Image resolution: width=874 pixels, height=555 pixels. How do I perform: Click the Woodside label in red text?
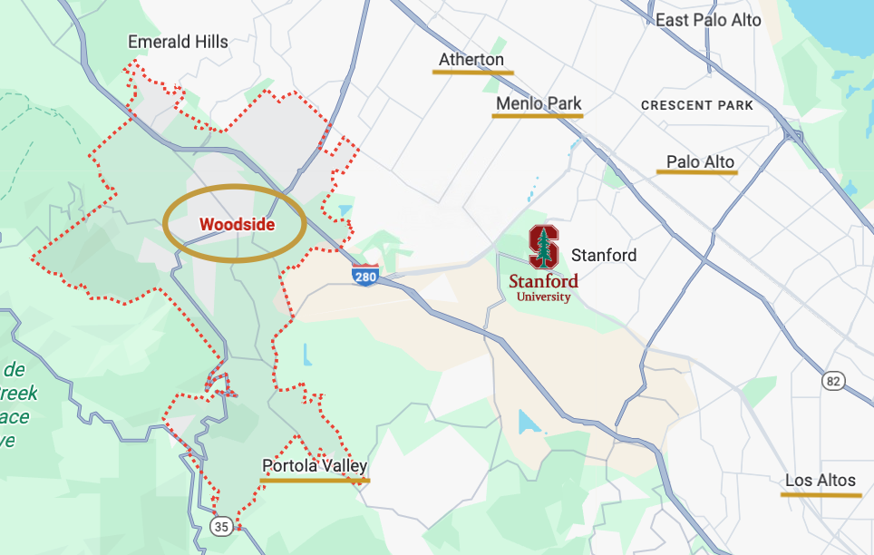(x=237, y=224)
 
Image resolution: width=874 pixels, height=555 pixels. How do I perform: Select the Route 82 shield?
(x=834, y=381)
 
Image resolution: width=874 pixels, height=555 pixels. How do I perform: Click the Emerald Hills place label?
(x=178, y=42)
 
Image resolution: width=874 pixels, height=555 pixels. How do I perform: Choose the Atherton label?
(x=471, y=60)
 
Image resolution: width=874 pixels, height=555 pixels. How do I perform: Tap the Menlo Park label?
(x=539, y=103)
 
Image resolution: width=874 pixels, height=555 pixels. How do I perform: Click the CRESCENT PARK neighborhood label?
(x=696, y=105)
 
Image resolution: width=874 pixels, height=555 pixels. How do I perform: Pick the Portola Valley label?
(x=315, y=466)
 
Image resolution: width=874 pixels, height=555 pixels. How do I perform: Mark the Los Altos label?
(x=821, y=480)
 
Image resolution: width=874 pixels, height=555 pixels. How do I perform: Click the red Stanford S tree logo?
(x=544, y=247)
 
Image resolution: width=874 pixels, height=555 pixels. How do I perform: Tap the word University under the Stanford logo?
(x=543, y=297)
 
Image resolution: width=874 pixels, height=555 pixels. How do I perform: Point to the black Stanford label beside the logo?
(x=604, y=255)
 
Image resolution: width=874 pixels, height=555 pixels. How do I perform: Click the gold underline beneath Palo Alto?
(x=697, y=171)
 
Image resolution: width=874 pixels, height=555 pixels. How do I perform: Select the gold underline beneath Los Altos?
(x=821, y=495)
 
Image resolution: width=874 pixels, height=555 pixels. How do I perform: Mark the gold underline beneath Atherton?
(x=473, y=72)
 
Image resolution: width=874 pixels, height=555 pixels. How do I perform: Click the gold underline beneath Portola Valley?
(x=315, y=481)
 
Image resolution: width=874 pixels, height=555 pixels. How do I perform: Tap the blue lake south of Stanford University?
(x=526, y=421)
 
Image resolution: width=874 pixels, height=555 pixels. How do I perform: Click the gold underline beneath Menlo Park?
(x=539, y=116)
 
